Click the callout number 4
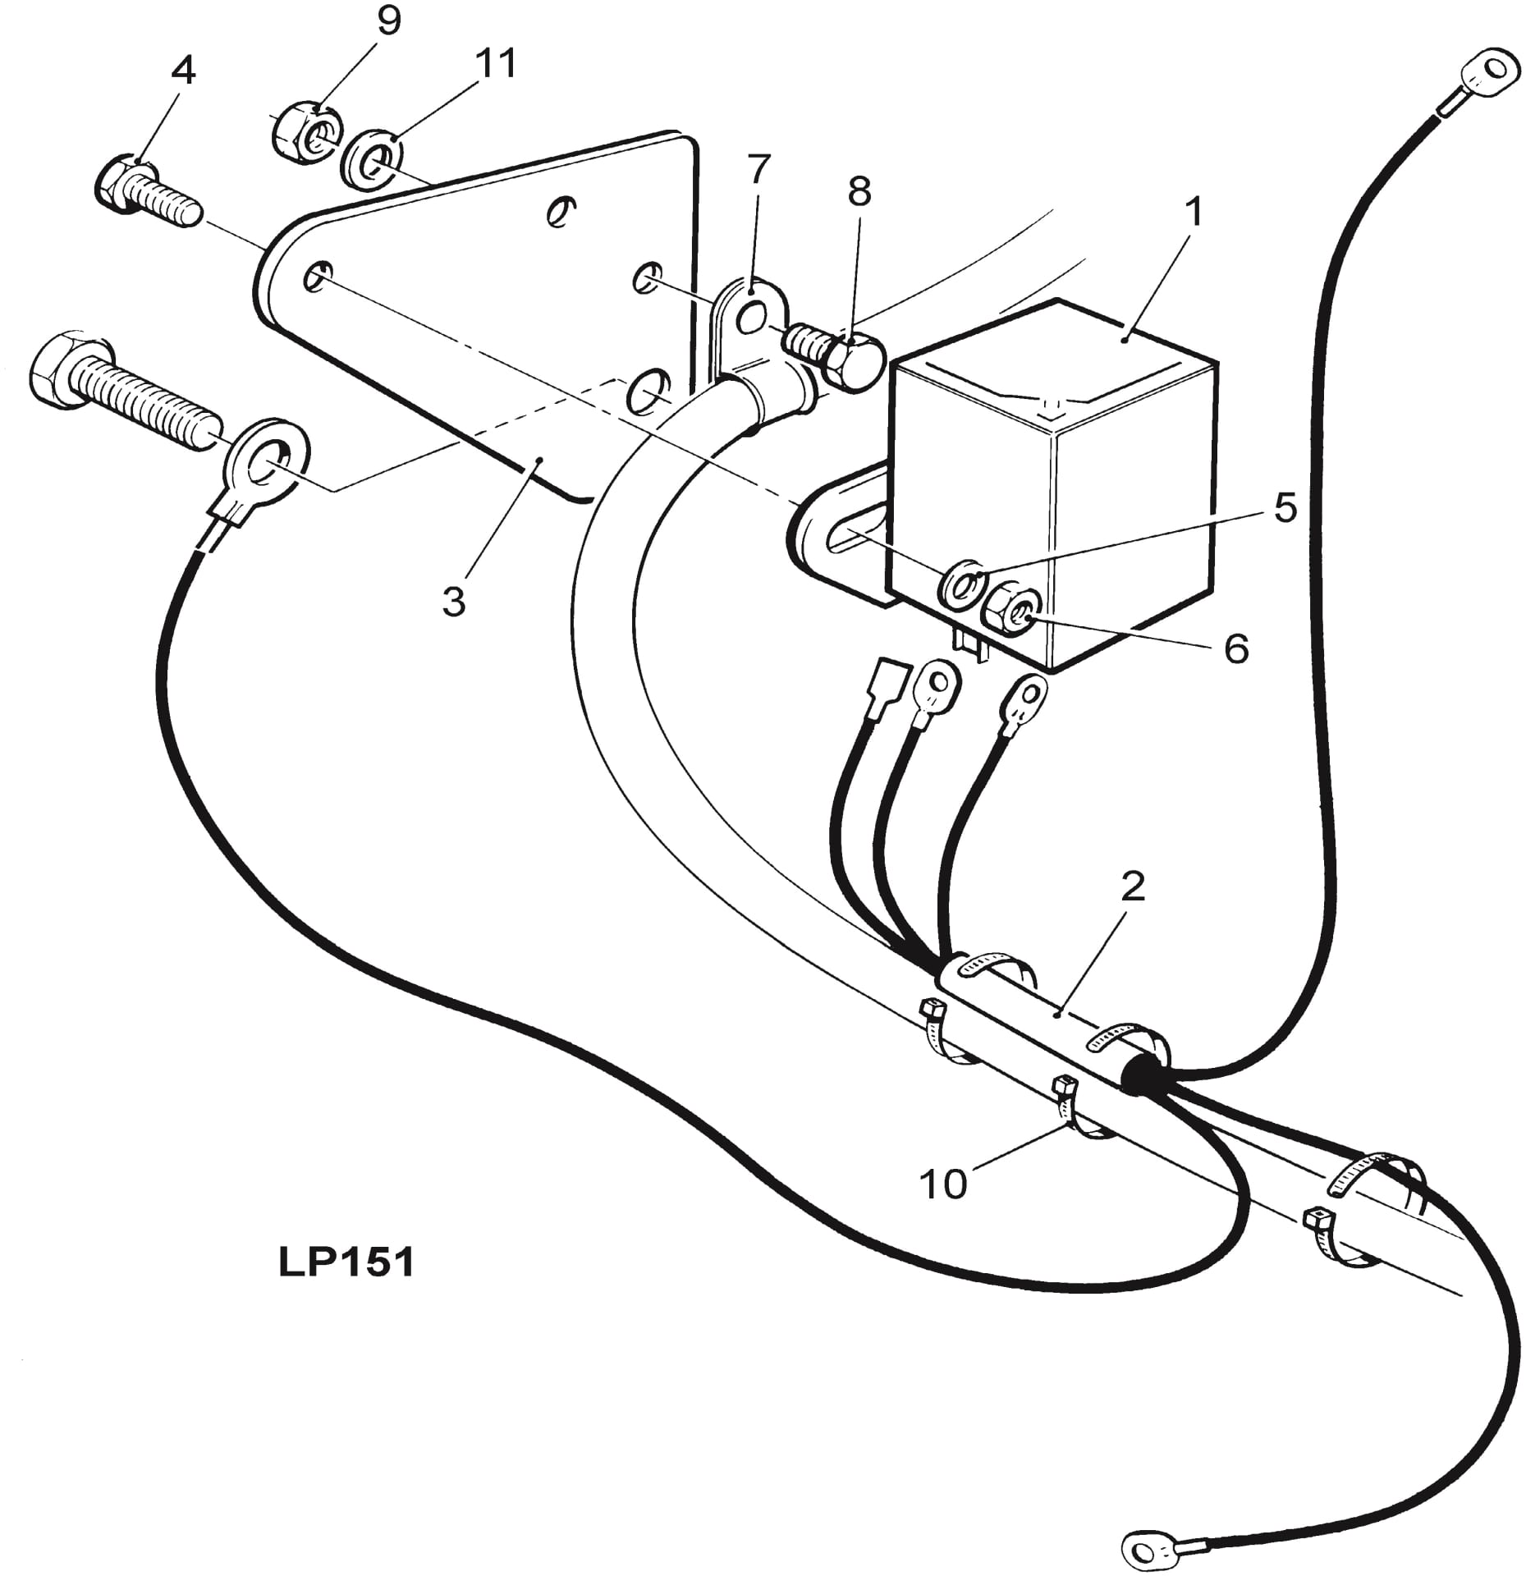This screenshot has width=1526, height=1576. pyautogui.click(x=183, y=71)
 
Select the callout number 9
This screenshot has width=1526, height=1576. pyautogui.click(x=388, y=21)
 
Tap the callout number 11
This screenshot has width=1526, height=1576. pyautogui.click(x=497, y=63)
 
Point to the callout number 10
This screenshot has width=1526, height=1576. pyautogui.click(x=943, y=1184)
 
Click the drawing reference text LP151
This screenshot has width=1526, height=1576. pyautogui.click(x=346, y=1263)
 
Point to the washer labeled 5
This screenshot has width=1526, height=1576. pyautogui.click(x=962, y=584)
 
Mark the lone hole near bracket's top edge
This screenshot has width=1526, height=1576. pyautogui.click(x=561, y=211)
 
